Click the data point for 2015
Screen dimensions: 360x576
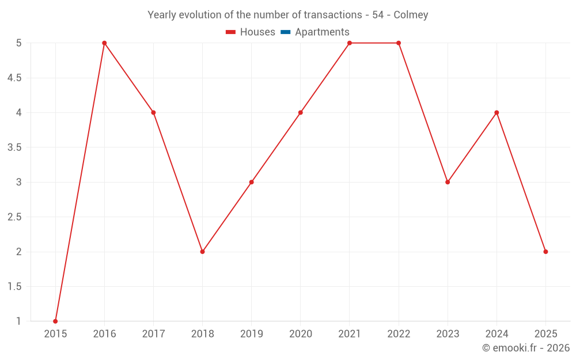pos(55,321)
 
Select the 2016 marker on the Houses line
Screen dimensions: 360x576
pos(104,43)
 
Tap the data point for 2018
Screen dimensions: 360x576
pos(202,252)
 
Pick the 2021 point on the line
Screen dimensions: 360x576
pos(350,43)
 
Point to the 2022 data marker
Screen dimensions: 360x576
pos(399,43)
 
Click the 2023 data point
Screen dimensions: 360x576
pos(448,182)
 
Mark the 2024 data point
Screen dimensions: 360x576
pos(497,112)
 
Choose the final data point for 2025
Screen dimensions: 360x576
pos(545,252)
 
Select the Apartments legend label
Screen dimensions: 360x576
pos(322,32)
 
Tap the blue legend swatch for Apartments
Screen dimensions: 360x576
pos(285,32)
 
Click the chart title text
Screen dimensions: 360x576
pos(287,15)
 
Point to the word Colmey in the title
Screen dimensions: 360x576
pos(411,15)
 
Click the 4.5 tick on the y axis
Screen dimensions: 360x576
pos(14,78)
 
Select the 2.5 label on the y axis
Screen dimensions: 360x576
pos(14,217)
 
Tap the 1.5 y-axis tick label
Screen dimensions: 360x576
pos(14,287)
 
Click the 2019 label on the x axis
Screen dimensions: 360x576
pos(251,334)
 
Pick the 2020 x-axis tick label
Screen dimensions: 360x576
pos(301,334)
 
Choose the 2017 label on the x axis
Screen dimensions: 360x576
pos(153,334)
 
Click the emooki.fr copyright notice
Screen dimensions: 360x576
pos(526,348)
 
